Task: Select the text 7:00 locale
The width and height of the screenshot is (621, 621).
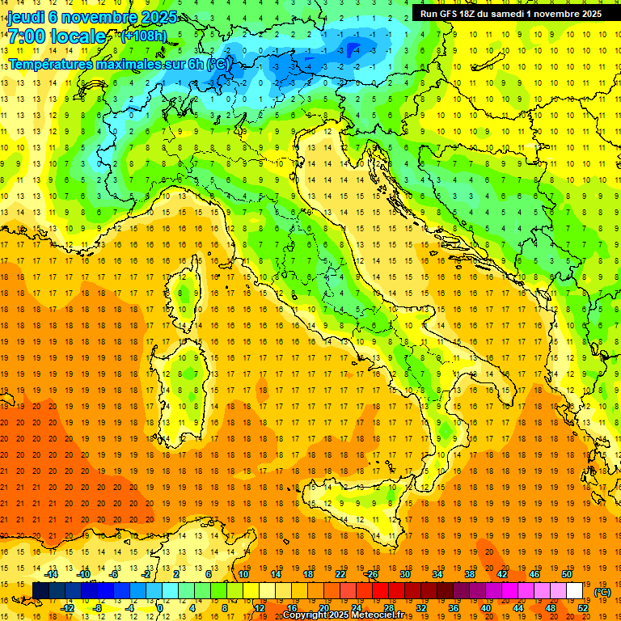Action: point(57,37)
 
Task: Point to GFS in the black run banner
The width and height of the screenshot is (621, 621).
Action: point(457,14)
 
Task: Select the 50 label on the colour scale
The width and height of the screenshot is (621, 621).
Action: point(567,574)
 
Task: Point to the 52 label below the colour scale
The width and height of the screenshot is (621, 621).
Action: point(583,608)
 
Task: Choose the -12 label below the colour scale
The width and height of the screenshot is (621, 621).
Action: point(68,608)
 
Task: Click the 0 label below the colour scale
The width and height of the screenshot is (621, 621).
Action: point(160,608)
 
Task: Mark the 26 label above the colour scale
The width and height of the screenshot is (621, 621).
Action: point(372,574)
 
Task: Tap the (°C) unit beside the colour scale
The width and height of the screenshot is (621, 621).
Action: point(602,592)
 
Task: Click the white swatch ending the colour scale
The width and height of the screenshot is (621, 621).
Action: point(575,591)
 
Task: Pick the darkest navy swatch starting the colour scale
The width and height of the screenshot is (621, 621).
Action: point(40,591)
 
